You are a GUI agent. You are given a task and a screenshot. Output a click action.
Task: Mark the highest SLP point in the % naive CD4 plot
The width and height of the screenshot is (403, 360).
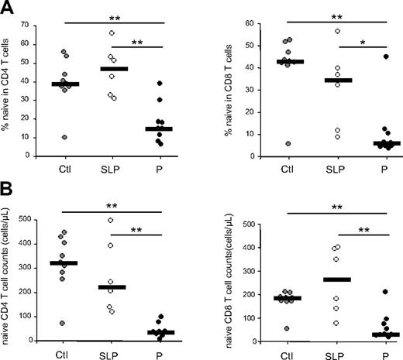(x=111, y=33)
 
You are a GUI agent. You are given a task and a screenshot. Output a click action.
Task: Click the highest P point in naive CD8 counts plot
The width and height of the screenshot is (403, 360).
(x=363, y=292)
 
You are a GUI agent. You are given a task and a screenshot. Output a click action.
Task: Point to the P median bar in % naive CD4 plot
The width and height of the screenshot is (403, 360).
(x=161, y=129)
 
